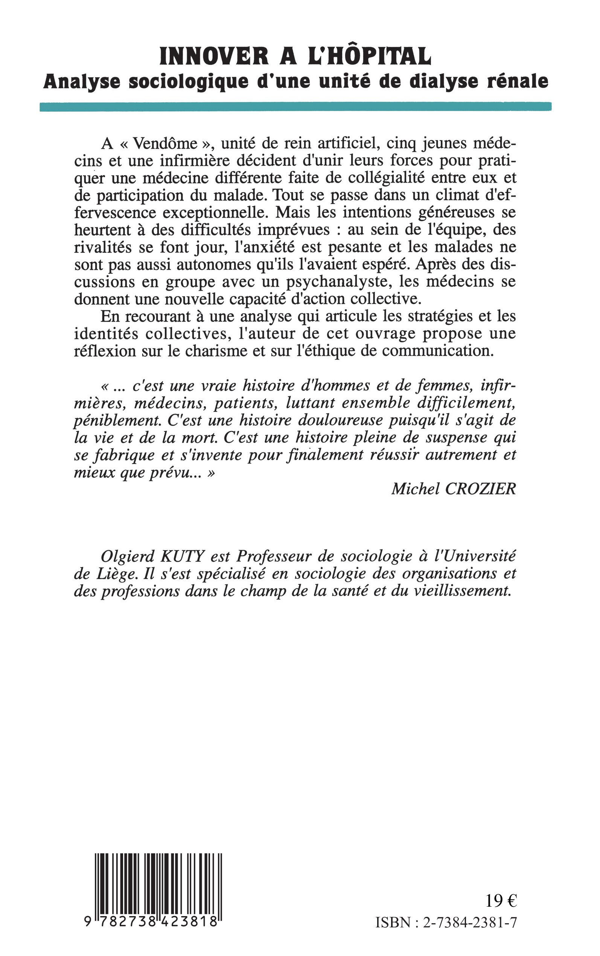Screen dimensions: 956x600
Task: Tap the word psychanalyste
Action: point(340,282)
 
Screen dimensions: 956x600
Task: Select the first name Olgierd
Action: point(127,557)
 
